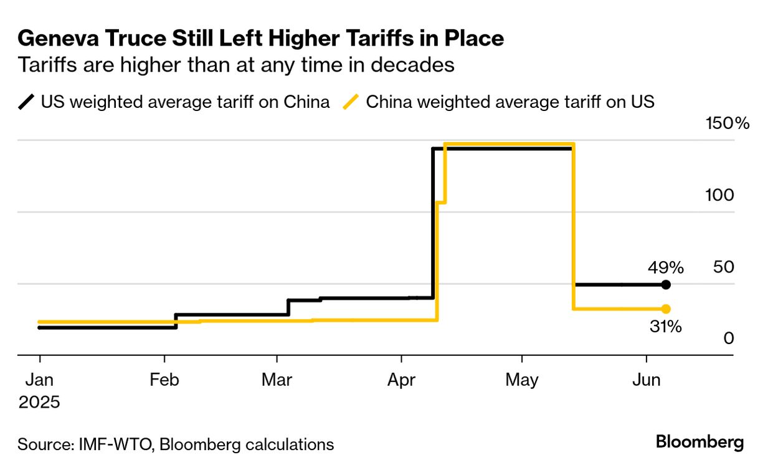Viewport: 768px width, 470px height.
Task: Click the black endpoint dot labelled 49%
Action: pyautogui.click(x=666, y=285)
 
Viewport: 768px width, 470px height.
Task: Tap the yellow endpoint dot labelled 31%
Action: pyautogui.click(x=666, y=309)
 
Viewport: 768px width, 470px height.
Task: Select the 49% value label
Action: pyautogui.click(x=666, y=268)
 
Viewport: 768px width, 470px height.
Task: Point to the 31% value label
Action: pyautogui.click(x=666, y=326)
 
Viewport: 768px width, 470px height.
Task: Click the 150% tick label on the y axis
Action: pyautogui.click(x=728, y=123)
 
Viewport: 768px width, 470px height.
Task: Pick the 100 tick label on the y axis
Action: pyautogui.click(x=719, y=195)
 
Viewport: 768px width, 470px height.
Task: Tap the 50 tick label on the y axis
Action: pyautogui.click(x=724, y=267)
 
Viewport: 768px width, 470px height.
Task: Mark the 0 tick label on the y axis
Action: pyautogui.click(x=729, y=338)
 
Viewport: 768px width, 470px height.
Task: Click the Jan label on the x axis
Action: pyautogui.click(x=40, y=380)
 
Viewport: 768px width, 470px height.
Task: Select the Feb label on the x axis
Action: pyautogui.click(x=164, y=380)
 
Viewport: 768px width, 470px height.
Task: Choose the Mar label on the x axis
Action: pyautogui.click(x=277, y=380)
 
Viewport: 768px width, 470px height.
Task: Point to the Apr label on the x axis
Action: pyautogui.click(x=402, y=380)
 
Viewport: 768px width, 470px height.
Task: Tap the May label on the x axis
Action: pyautogui.click(x=522, y=380)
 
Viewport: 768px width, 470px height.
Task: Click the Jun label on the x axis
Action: pyautogui.click(x=647, y=380)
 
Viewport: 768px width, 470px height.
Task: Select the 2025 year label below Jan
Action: pyautogui.click(x=39, y=402)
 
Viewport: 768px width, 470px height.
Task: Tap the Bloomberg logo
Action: pyautogui.click(x=699, y=443)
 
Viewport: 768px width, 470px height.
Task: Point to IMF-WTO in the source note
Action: pyautogui.click(x=115, y=444)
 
